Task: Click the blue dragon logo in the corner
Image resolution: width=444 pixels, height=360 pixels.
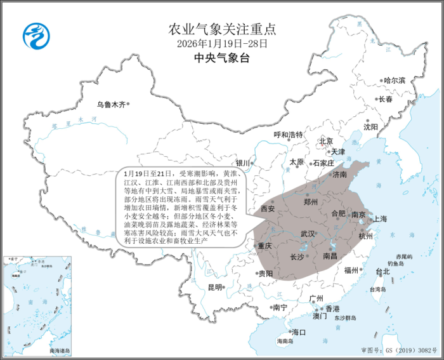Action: coord(35,36)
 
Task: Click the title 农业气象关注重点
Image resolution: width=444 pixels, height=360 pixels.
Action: coord(221,29)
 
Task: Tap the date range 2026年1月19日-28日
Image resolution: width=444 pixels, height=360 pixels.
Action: coord(221,44)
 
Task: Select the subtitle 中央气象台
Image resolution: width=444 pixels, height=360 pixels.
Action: coord(221,59)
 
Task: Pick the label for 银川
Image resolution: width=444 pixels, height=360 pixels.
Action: coord(244,162)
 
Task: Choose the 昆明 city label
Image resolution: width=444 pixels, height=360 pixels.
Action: coord(216,287)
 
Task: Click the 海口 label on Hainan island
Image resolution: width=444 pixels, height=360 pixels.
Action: coord(299,332)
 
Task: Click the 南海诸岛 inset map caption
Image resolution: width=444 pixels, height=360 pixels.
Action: coord(60,350)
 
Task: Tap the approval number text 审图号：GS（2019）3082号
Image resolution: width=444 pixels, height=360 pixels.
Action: coord(399,350)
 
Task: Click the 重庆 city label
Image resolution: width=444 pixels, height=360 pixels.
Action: coord(264,246)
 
